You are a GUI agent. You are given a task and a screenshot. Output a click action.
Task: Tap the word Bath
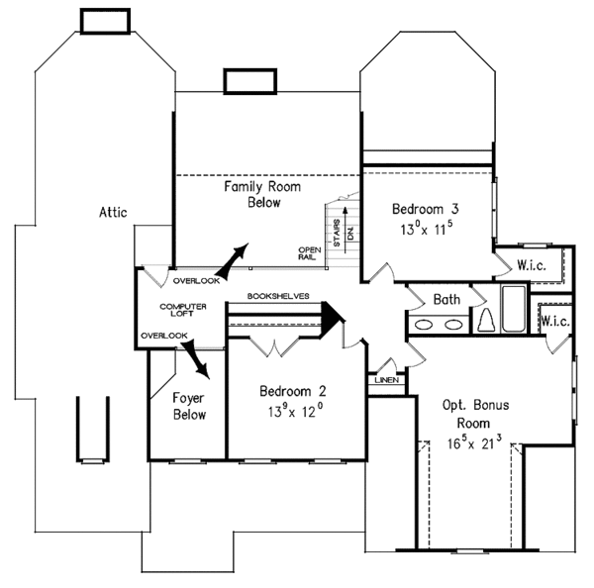(x=445, y=299)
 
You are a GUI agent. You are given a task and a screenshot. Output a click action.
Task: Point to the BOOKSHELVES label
(x=279, y=295)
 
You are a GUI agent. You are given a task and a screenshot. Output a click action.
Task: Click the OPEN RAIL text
(x=308, y=253)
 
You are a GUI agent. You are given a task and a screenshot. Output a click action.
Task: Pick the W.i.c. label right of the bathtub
(x=554, y=322)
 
